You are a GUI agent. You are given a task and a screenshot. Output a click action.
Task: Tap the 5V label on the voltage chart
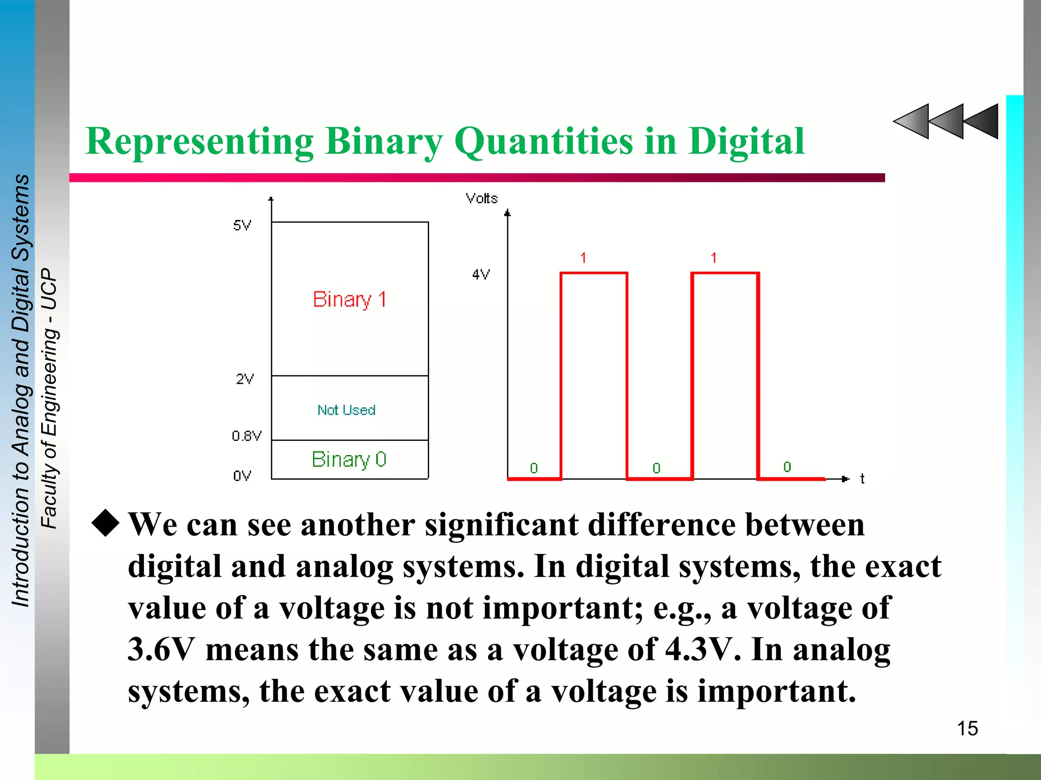click(x=242, y=225)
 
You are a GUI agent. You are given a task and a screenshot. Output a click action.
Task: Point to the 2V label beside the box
click(x=244, y=379)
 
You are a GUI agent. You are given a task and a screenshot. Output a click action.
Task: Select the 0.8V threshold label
click(x=247, y=436)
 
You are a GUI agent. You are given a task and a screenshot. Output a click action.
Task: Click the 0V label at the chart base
click(x=242, y=476)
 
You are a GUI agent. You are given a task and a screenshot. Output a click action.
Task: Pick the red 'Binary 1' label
click(x=350, y=299)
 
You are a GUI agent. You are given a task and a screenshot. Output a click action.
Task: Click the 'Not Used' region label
click(x=346, y=410)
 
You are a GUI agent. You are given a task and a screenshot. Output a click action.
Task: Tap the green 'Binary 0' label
click(x=349, y=460)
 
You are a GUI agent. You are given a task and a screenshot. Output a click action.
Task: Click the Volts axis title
click(x=481, y=199)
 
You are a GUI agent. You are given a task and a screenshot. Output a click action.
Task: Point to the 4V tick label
click(x=481, y=275)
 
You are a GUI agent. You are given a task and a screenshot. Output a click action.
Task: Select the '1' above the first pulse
click(x=583, y=258)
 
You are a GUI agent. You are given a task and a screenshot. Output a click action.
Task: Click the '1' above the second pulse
click(x=714, y=258)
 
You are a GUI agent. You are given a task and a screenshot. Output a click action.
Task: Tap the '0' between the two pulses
click(x=656, y=468)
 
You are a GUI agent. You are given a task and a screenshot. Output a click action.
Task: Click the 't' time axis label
click(x=862, y=478)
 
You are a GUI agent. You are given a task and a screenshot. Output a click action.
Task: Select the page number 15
click(x=967, y=728)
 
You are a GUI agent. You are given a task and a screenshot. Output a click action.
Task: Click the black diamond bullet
click(x=106, y=523)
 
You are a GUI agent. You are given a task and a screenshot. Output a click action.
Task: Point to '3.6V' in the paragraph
click(x=161, y=649)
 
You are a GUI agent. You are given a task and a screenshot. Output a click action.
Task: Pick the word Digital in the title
click(x=746, y=141)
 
